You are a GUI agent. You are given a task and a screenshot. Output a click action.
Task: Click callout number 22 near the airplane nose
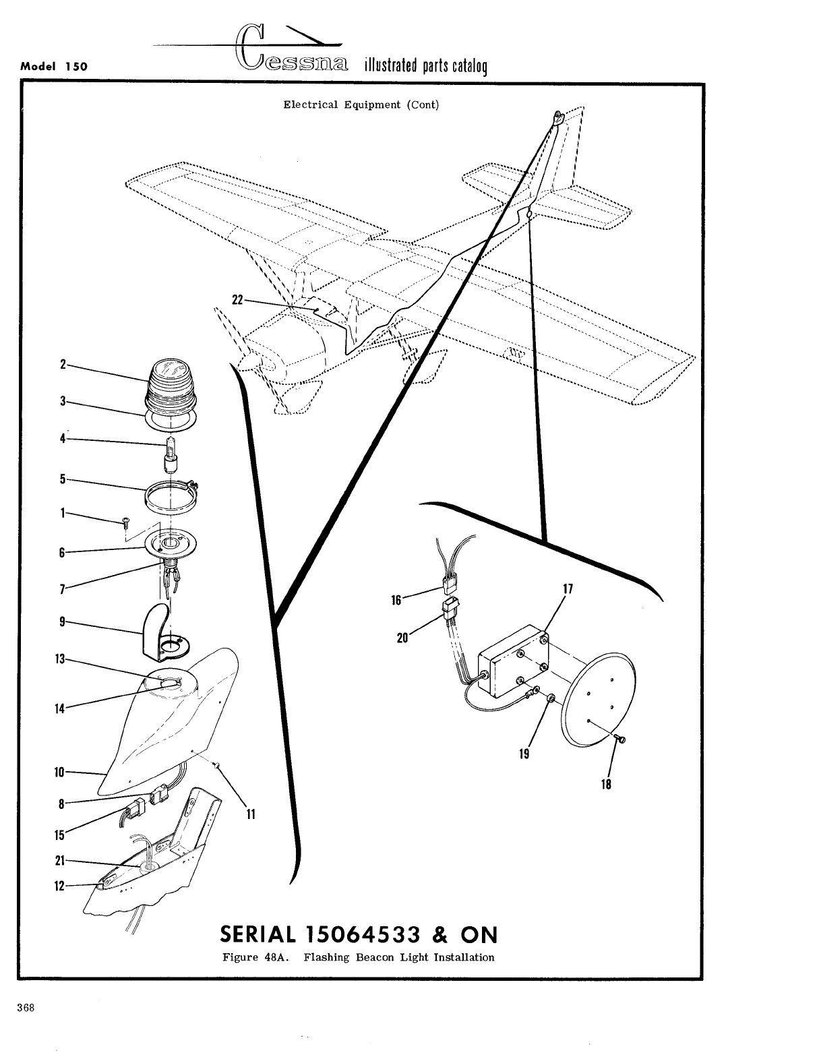[237, 300]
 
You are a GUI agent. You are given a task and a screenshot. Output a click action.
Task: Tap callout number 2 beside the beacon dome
[63, 365]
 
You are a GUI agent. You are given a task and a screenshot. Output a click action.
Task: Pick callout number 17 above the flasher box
[567, 588]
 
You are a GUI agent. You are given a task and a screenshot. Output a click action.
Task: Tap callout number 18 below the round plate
[606, 784]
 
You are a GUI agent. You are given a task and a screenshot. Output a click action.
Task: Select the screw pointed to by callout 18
[621, 740]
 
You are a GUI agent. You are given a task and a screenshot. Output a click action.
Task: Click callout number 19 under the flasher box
[524, 754]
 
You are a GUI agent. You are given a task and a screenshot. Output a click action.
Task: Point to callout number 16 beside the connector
[396, 599]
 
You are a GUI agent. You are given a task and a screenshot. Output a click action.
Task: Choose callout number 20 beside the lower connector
[402, 637]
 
